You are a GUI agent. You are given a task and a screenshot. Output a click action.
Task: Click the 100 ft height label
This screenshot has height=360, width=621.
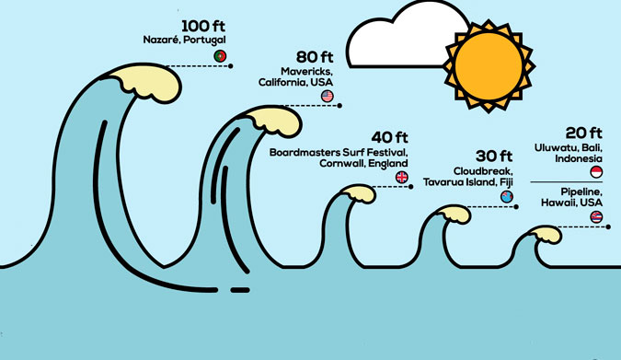(x=203, y=26)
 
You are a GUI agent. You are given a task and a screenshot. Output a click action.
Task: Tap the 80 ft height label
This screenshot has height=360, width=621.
(x=315, y=57)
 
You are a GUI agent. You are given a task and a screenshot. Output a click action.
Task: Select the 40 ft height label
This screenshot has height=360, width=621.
(x=389, y=137)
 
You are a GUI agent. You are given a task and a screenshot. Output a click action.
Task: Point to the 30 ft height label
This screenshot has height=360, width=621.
(x=494, y=157)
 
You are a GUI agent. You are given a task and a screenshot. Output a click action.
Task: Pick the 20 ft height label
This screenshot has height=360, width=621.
(x=584, y=133)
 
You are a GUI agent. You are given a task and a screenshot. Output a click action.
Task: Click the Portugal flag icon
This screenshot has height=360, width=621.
(x=220, y=56)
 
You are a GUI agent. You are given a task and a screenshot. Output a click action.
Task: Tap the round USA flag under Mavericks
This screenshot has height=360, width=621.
(x=328, y=96)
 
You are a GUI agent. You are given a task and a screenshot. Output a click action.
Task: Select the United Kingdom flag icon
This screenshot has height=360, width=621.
(x=402, y=177)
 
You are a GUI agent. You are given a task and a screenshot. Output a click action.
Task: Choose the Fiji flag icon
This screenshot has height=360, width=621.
(x=507, y=197)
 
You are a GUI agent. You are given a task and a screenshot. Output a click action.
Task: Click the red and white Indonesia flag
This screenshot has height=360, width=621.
(x=596, y=172)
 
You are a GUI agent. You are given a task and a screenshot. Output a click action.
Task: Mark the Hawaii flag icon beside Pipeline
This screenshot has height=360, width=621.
(x=596, y=217)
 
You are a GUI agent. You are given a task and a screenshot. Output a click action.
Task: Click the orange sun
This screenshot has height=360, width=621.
(x=489, y=66)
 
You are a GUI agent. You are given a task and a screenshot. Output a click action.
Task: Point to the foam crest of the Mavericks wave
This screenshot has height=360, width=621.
(x=275, y=121)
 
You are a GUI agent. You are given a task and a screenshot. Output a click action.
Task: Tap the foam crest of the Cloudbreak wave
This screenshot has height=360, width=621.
(x=455, y=215)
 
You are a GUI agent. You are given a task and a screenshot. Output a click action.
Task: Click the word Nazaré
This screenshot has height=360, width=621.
(x=162, y=40)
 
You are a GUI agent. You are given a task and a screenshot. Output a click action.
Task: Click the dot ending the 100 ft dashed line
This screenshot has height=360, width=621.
(x=231, y=66)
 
